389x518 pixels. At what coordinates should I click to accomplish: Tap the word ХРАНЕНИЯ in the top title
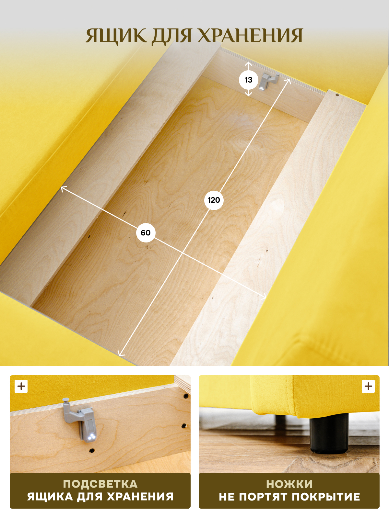pyautogui.click(x=250, y=36)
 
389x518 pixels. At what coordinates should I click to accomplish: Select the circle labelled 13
pyautogui.click(x=248, y=80)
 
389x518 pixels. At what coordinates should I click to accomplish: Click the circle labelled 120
pyautogui.click(x=214, y=200)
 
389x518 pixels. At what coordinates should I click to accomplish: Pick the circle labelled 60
pyautogui.click(x=146, y=233)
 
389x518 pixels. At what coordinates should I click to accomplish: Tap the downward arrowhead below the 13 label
pyautogui.click(x=248, y=95)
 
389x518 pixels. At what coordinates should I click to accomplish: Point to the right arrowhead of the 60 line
pyautogui.click(x=264, y=297)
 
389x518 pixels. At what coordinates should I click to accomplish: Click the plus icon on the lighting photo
pyautogui.click(x=21, y=386)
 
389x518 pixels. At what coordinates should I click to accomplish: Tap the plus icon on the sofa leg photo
pyautogui.click(x=368, y=386)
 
